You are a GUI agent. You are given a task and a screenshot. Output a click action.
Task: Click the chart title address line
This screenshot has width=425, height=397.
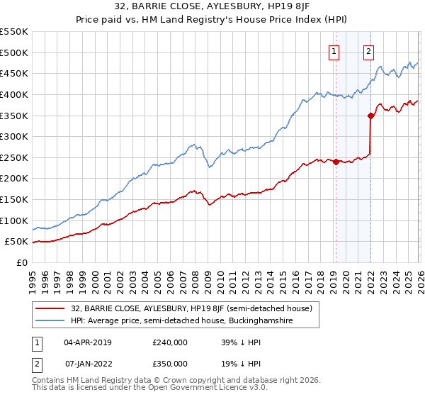(212, 8)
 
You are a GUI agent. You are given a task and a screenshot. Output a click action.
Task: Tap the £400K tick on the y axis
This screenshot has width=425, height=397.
(14, 94)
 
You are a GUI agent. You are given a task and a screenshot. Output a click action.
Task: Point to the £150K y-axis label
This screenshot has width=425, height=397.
(14, 199)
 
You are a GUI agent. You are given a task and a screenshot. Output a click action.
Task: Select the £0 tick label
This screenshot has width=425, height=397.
(21, 262)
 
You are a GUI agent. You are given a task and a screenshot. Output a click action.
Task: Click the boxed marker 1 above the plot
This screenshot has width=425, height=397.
(333, 50)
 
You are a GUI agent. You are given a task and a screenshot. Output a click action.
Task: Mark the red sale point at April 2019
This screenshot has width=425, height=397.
(336, 162)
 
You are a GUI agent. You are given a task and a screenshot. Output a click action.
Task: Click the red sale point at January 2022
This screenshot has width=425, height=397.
(370, 116)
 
